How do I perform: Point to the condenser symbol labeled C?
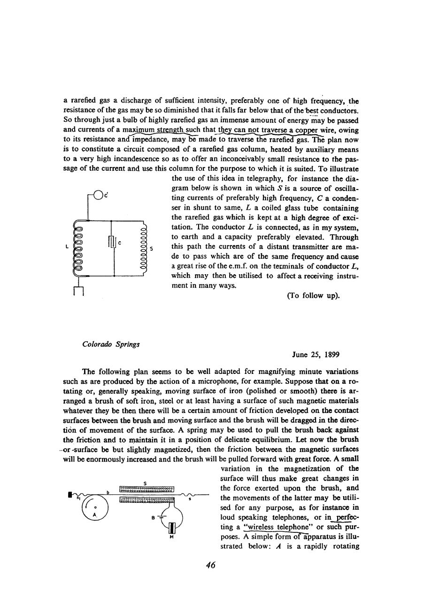[x=111, y=242]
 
